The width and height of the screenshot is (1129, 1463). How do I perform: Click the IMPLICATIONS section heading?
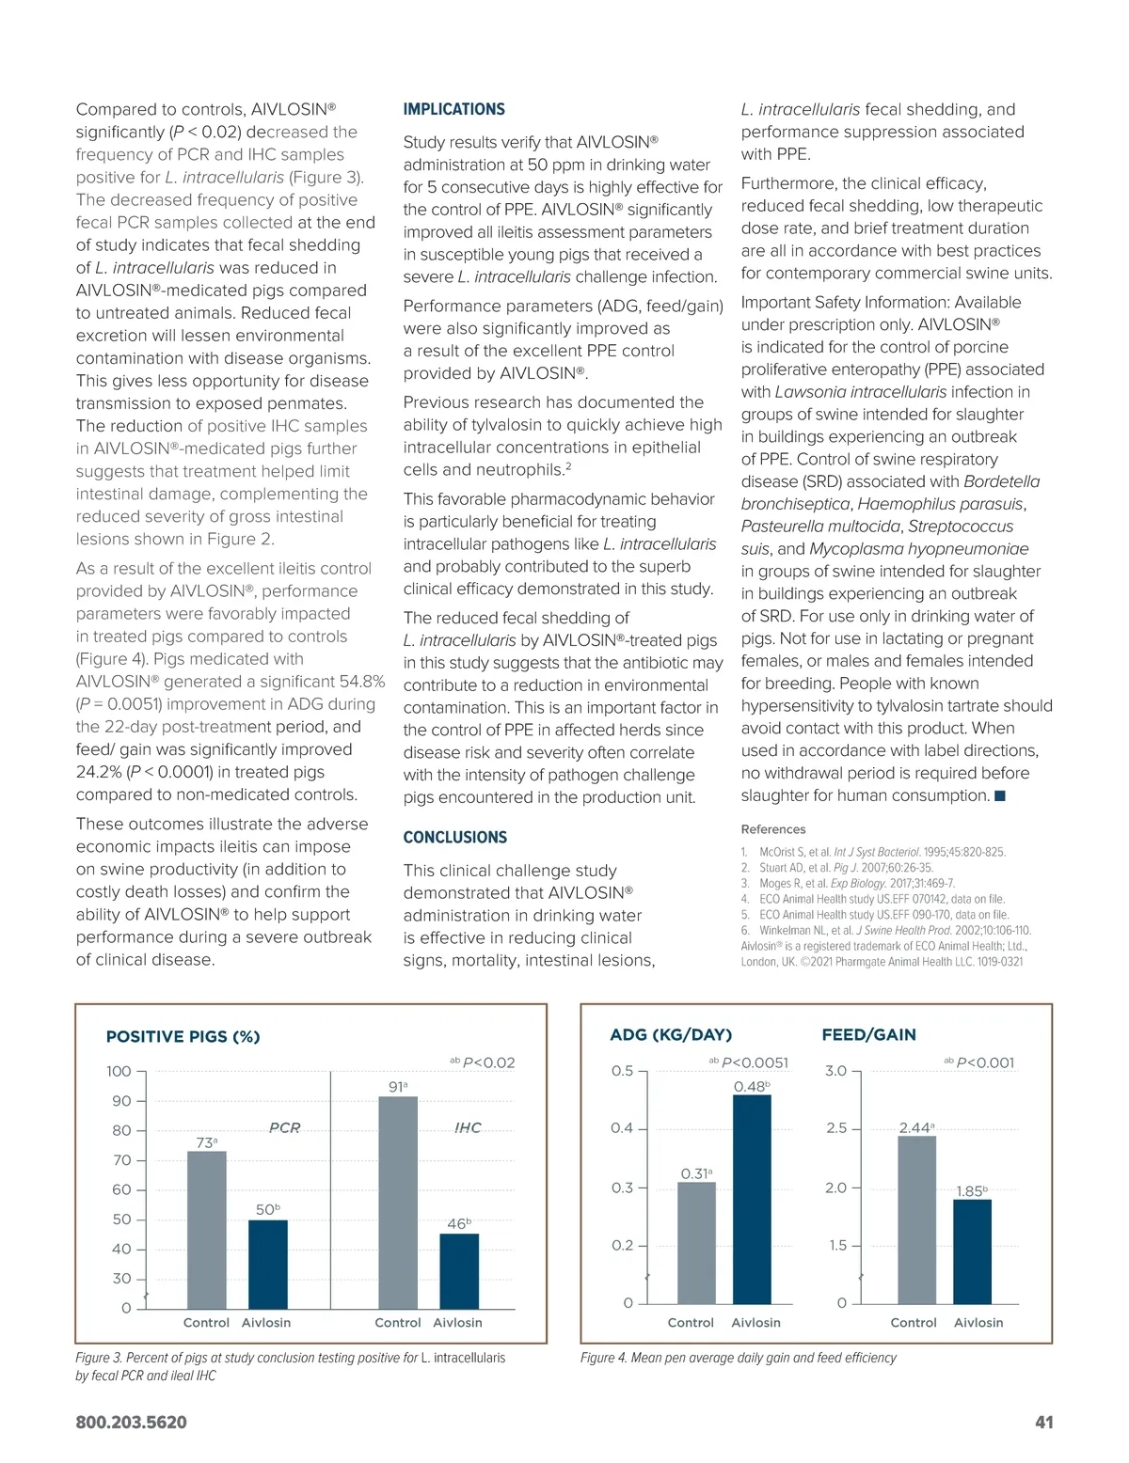pos(453,109)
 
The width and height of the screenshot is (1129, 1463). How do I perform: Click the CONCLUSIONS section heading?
pos(454,837)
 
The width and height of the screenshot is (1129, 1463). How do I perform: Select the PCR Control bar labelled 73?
pos(207,1229)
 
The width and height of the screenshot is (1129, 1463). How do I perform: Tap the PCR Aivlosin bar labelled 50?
pos(268,1264)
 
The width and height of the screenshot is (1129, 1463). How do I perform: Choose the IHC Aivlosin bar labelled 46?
pos(459,1270)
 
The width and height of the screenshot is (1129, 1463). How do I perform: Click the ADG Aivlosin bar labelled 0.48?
pos(752,1199)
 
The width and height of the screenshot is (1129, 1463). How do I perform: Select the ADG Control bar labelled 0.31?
pos(696,1242)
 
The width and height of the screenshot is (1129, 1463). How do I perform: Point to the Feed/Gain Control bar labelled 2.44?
pos(916,1219)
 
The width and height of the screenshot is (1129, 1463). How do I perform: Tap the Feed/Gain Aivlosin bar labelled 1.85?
pos(972,1251)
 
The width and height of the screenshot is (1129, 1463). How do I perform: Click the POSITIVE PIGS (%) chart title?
pos(183,1036)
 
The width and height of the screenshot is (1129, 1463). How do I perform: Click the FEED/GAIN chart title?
pos(868,1034)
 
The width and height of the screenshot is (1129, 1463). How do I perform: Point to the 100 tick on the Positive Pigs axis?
pos(119,1071)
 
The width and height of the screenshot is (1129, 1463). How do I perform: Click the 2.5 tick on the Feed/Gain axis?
pos(836,1128)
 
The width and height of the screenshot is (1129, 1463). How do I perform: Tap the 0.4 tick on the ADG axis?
pos(622,1128)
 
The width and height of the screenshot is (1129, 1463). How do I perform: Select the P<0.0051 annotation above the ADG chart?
pos(754,1062)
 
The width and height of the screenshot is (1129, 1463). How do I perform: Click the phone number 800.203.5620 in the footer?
pos(131,1422)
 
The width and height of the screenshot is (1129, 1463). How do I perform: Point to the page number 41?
pos(1043,1422)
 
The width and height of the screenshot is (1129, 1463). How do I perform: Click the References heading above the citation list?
pos(773,829)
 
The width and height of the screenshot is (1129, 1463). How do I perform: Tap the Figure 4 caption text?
pos(738,1358)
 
